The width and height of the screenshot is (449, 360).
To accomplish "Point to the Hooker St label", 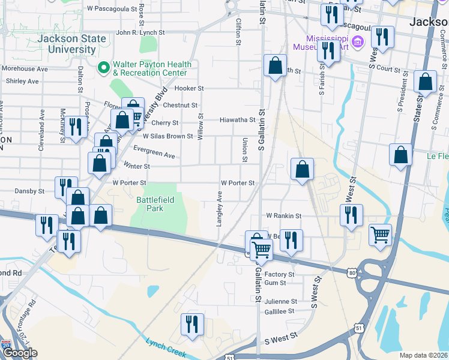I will [189, 88].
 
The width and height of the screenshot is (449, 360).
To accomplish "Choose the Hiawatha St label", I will [237, 119].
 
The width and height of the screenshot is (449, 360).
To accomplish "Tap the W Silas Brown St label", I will [167, 136].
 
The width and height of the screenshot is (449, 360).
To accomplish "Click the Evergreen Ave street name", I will [154, 152].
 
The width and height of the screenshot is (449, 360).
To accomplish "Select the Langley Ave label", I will [220, 209].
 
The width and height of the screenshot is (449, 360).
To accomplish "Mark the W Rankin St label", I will [284, 215].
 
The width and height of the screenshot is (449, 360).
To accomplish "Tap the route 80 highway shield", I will [352, 273].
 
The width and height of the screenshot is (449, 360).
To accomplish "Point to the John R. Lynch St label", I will [140, 32].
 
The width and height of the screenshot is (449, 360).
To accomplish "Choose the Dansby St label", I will [29, 191].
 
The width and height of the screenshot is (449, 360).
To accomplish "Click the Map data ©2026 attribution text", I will [423, 355].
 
